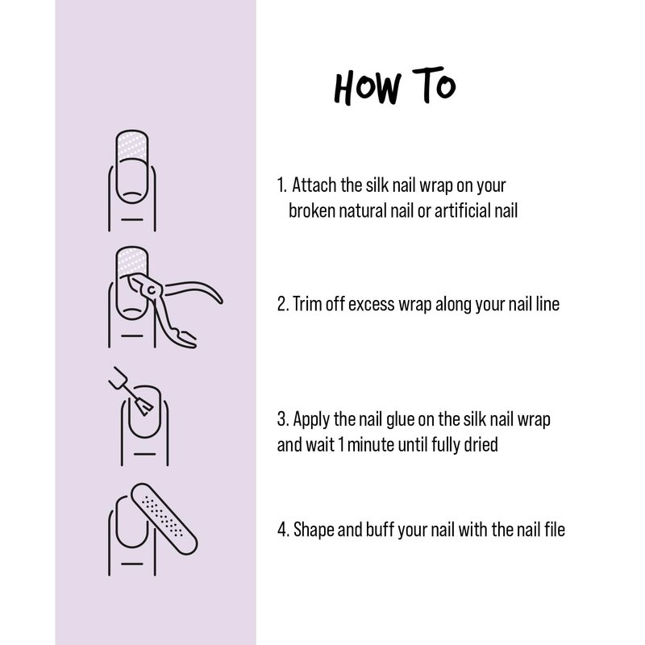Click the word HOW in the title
pyautogui.click(x=368, y=87)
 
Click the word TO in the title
pyautogui.click(x=434, y=85)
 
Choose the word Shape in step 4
pyautogui.click(x=314, y=530)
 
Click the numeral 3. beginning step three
pyautogui.click(x=283, y=419)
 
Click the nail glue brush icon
pyautogui.click(x=131, y=391)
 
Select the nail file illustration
pyautogui.click(x=164, y=519)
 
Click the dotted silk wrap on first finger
pyautogui.click(x=132, y=145)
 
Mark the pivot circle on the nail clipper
pyautogui.click(x=152, y=290)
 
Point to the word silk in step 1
pyautogui.click(x=377, y=185)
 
